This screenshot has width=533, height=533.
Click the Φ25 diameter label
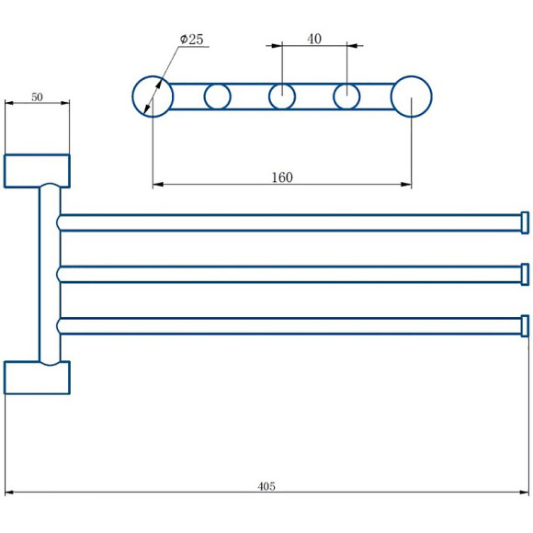point(192,40)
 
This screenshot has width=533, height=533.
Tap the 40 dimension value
point(314,39)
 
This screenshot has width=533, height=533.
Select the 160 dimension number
point(282,177)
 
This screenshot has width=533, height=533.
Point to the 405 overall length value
point(266,486)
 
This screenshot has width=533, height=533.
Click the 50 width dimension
point(37,96)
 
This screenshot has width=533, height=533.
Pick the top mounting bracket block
point(37,171)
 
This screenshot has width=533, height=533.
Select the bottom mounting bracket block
point(37,378)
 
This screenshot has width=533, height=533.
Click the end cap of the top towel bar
point(525,222)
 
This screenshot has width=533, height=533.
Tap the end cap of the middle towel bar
point(525,275)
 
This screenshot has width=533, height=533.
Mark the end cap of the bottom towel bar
point(525,326)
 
